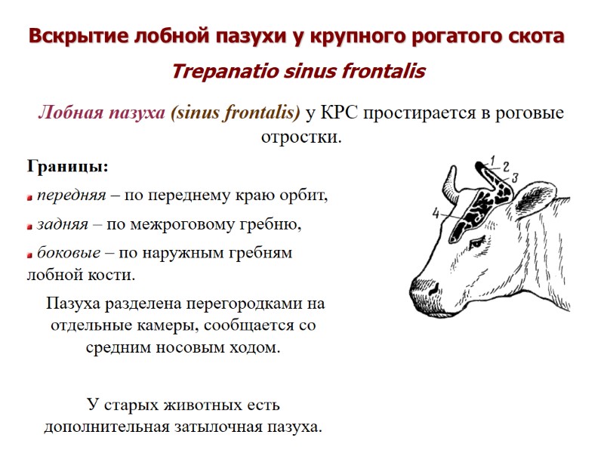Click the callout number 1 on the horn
coord(492,159)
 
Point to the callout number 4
coord(436,214)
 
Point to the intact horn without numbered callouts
coord(450,180)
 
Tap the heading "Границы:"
coord(69,165)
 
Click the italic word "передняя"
coord(71,196)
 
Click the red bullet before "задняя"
coord(30,226)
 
